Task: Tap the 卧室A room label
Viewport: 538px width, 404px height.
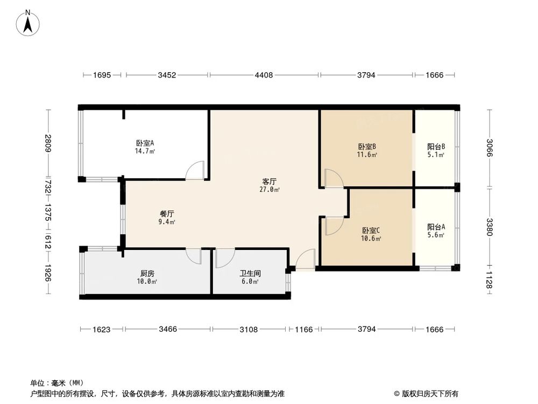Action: pos(145,143)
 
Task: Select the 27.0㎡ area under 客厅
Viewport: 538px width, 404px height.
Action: pos(270,190)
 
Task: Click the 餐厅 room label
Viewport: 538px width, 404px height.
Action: pos(166,213)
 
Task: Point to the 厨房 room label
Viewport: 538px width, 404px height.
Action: pos(146,273)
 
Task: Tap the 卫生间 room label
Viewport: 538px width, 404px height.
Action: pos(249,273)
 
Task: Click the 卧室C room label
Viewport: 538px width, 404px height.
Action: pos(371,231)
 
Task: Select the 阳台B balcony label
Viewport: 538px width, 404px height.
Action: pos(436,147)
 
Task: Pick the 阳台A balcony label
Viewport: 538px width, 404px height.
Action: pos(436,227)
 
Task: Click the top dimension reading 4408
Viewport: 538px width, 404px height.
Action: pos(264,75)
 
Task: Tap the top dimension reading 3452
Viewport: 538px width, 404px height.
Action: pos(167,75)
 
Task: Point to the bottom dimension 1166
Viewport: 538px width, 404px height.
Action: pos(304,329)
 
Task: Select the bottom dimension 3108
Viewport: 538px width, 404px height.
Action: pos(249,329)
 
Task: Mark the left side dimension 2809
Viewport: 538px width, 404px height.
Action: pos(48,144)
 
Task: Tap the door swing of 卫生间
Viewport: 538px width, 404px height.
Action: pos(224,258)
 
